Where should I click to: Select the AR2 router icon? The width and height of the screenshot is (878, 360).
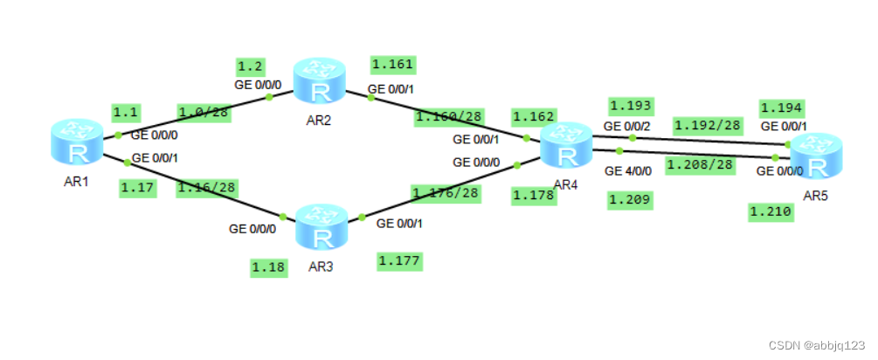pos(320,80)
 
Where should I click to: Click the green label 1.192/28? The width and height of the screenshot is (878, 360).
pos(708,125)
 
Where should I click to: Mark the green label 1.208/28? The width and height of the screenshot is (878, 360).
pos(700,164)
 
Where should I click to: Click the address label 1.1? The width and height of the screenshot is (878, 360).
pos(126,112)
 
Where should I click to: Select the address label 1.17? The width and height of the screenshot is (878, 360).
pos(137,187)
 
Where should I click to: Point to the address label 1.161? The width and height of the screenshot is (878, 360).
pos(392,64)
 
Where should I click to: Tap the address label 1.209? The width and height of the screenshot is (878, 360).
pos(630,201)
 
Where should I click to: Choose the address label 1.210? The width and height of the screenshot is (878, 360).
pos(771,211)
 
